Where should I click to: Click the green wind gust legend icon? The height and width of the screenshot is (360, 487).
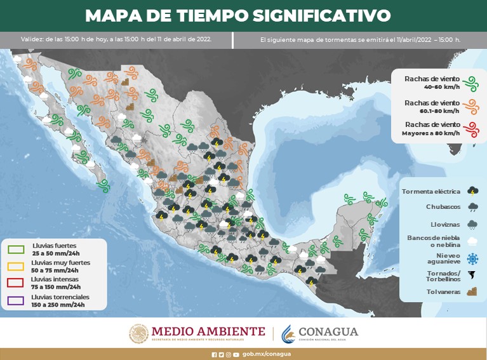pos(470,82)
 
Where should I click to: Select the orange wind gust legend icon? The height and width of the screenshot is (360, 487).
pos(470,106)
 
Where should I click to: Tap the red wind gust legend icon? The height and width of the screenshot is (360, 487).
pos(470,130)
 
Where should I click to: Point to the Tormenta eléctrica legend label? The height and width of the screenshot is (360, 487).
pos(430,190)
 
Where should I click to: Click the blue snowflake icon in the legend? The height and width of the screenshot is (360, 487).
pos(472,258)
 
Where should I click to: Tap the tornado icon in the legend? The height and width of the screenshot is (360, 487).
pos(472,276)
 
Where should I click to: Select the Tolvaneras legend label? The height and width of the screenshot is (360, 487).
pos(442,293)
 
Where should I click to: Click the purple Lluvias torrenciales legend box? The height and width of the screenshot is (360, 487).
pos(15,300)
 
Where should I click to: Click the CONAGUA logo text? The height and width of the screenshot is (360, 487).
pos(328,331)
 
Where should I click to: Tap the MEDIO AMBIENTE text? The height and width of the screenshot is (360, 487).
pos(208,331)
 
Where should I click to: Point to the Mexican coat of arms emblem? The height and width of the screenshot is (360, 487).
pos(138,333)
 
